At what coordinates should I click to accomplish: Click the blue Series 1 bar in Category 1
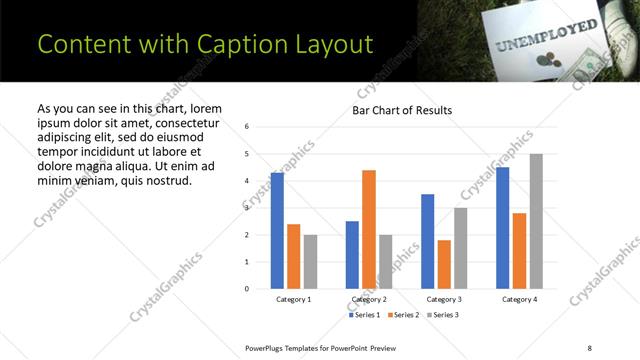pyautogui.click(x=277, y=230)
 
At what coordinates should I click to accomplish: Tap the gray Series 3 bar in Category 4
pyautogui.click(x=536, y=221)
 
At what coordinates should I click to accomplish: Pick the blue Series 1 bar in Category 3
pyautogui.click(x=428, y=241)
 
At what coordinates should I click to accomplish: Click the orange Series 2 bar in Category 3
pyautogui.click(x=444, y=264)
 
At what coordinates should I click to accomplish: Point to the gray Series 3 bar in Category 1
pyautogui.click(x=310, y=261)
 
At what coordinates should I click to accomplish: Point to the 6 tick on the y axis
pyautogui.click(x=247, y=127)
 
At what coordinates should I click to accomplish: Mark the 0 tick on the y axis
pyautogui.click(x=247, y=289)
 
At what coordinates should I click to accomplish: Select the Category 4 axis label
pyautogui.click(x=519, y=299)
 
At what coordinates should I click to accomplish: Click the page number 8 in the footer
pyautogui.click(x=590, y=347)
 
